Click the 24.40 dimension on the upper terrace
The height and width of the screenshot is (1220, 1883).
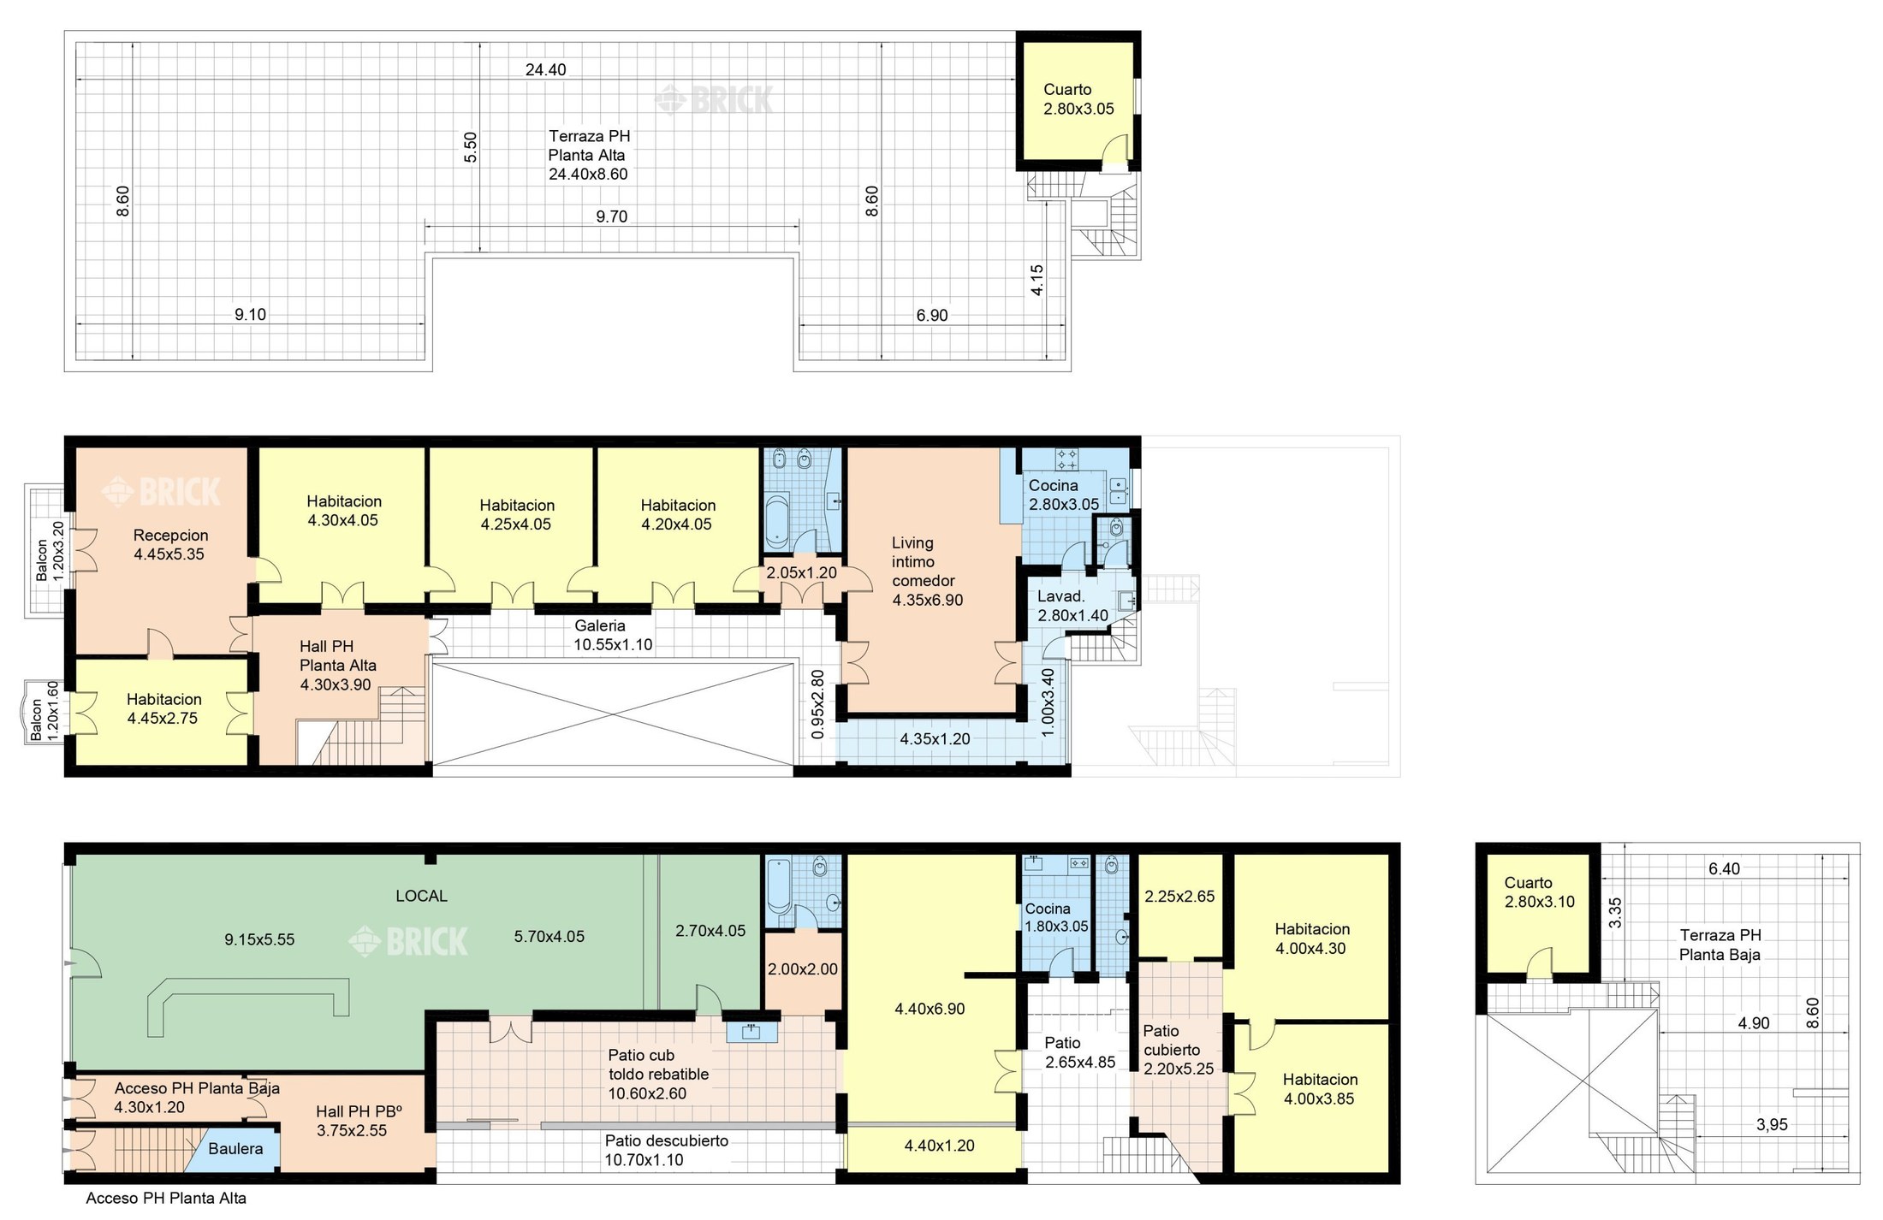pyautogui.click(x=545, y=70)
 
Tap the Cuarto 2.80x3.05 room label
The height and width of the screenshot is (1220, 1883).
pyautogui.click(x=1078, y=99)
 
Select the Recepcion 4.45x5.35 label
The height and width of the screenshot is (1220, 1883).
pyautogui.click(x=169, y=545)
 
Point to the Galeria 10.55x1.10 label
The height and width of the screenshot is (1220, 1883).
pyautogui.click(x=612, y=636)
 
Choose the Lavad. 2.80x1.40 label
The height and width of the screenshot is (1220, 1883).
pyautogui.click(x=1072, y=607)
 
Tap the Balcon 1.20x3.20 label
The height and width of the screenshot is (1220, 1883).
pyautogui.click(x=50, y=550)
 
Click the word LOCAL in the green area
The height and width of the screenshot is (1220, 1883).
pyautogui.click(x=421, y=897)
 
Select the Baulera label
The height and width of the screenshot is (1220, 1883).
pyautogui.click(x=235, y=1149)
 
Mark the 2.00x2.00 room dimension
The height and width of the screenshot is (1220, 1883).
pyautogui.click(x=802, y=970)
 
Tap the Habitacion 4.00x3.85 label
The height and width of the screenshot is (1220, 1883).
pyautogui.click(x=1319, y=1089)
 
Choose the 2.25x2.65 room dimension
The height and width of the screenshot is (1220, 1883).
pyautogui.click(x=1179, y=897)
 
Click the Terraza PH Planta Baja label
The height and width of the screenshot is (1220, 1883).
pyautogui.click(x=1720, y=945)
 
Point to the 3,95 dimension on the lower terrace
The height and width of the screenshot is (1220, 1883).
pyautogui.click(x=1772, y=1125)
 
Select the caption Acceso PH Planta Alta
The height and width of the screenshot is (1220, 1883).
pyautogui.click(x=166, y=1199)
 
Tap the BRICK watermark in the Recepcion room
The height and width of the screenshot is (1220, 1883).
pyautogui.click(x=162, y=492)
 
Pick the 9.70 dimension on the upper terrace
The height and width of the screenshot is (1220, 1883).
pyautogui.click(x=611, y=217)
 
